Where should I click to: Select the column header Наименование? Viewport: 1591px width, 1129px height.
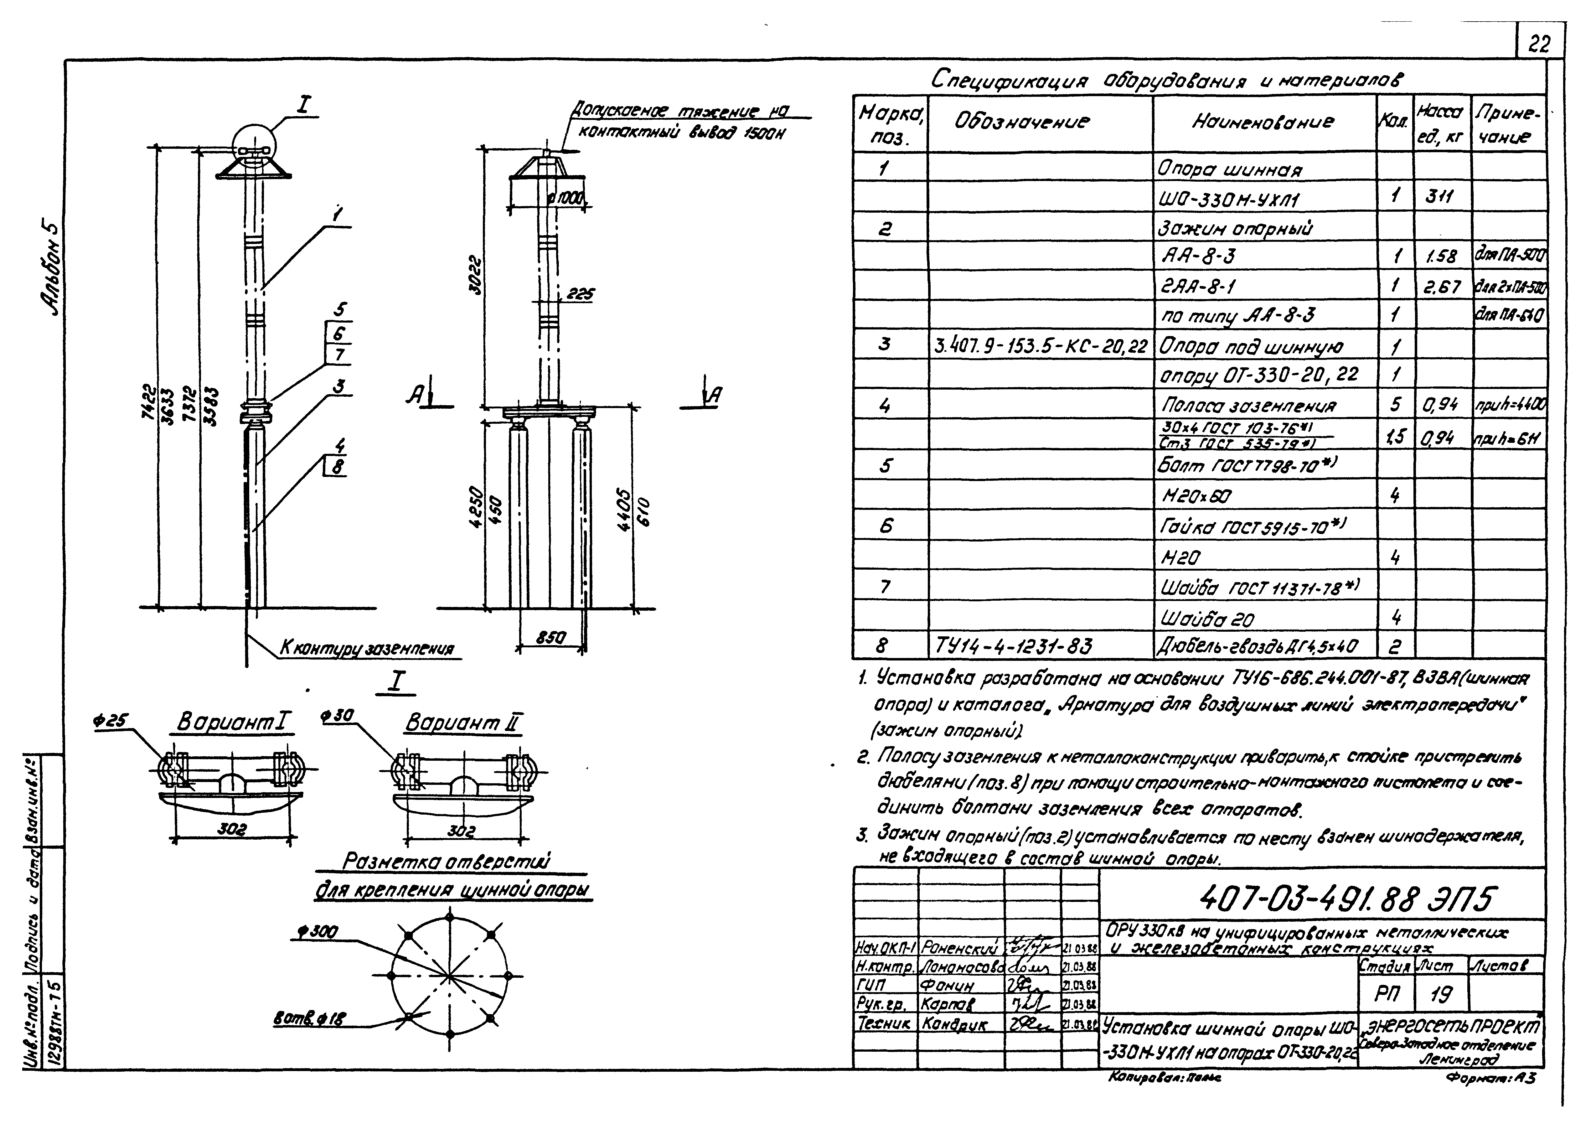(x=1263, y=122)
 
